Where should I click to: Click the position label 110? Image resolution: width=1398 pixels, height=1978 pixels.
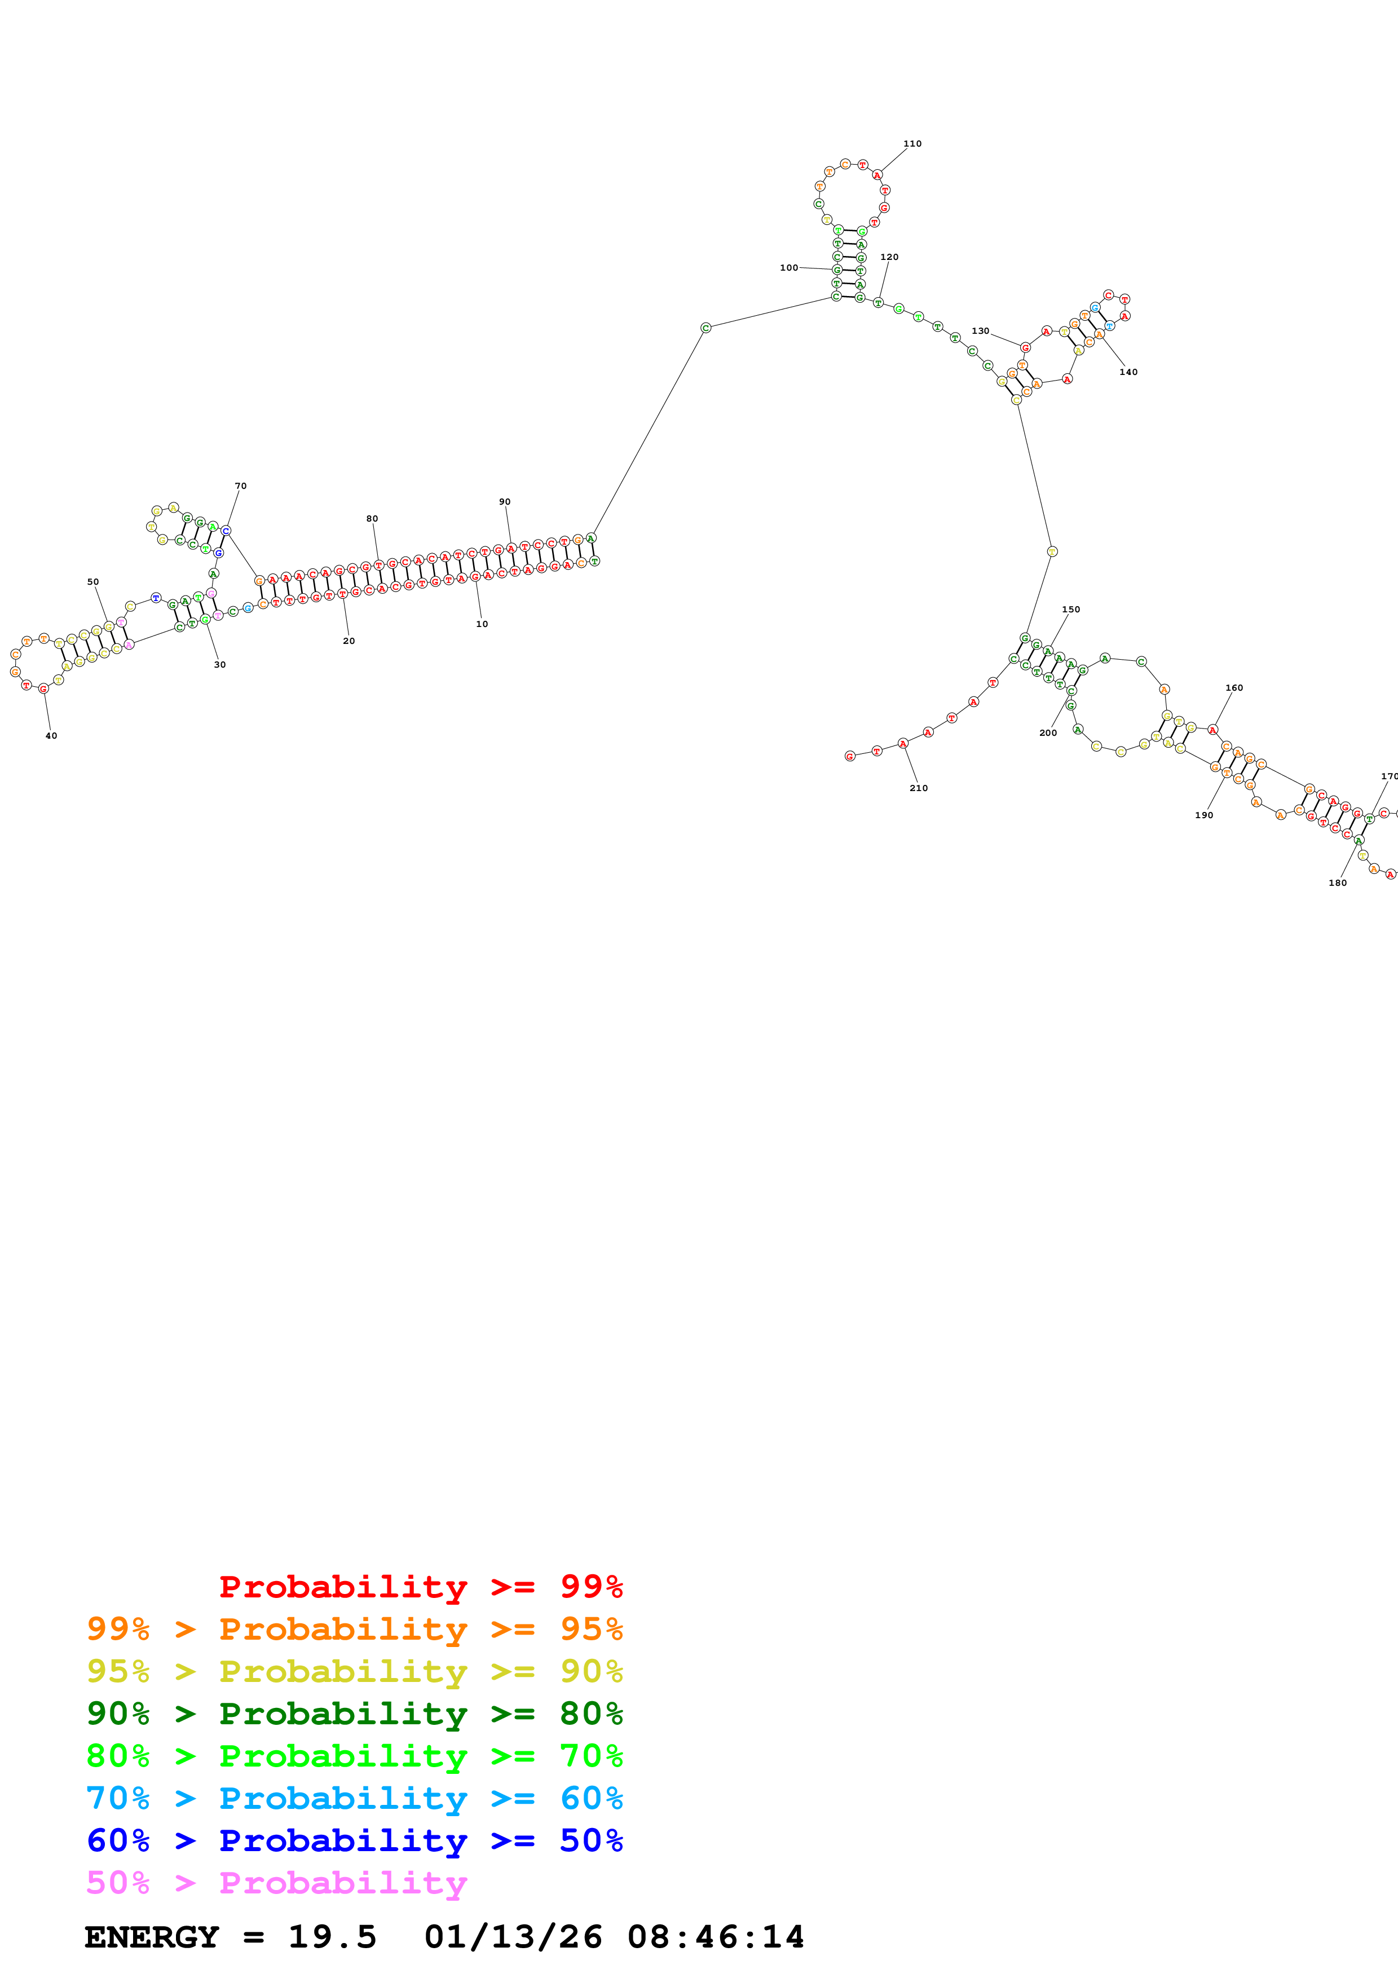point(912,144)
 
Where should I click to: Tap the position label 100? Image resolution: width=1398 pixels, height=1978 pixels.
point(788,268)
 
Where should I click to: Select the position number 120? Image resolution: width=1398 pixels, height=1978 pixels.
point(889,257)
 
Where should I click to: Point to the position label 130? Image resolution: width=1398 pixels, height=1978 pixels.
point(980,331)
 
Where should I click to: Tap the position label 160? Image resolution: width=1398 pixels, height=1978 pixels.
point(1233,687)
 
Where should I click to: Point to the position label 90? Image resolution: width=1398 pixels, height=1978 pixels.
point(504,501)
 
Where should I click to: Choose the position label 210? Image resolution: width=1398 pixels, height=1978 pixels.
point(918,788)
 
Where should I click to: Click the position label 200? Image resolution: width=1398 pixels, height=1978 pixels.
point(1047,733)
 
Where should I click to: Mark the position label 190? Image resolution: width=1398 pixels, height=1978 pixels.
point(1203,815)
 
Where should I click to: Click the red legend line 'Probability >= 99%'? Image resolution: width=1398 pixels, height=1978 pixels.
point(420,1586)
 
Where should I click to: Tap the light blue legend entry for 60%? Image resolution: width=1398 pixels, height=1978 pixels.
point(354,1799)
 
